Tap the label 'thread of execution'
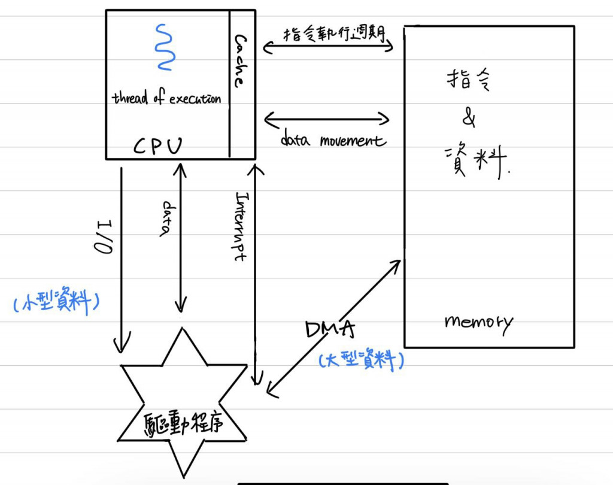(166, 99)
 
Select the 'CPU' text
(157, 145)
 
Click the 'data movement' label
(333, 141)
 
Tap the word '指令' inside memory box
(468, 81)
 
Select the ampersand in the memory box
(469, 119)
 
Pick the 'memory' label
(478, 322)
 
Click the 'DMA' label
(330, 329)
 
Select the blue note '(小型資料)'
(55, 302)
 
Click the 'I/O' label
(104, 236)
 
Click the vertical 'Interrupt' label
(241, 226)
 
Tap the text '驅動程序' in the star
(183, 424)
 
